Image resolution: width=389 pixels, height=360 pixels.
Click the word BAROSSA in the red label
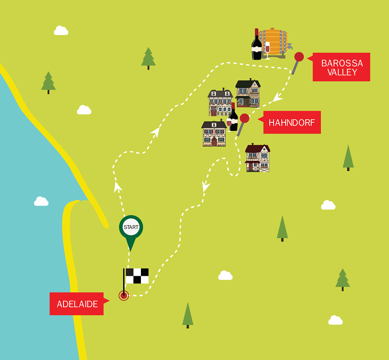[x=342, y=63]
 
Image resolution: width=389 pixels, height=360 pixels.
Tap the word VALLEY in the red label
[x=342, y=72]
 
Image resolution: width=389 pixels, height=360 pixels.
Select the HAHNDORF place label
[x=292, y=123]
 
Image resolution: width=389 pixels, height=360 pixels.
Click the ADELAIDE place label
[x=77, y=304]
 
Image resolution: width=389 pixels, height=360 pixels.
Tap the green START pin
[x=131, y=229]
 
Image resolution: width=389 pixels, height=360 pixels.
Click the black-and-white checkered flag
[x=137, y=276]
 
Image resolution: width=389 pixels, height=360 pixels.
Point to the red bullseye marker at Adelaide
[x=124, y=296]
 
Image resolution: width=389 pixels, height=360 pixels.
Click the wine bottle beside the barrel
[x=257, y=46]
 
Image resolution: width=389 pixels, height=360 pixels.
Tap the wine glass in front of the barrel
[x=267, y=49]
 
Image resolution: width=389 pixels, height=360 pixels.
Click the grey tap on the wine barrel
[x=289, y=45]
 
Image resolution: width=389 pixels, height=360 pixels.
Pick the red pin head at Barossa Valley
[x=299, y=57]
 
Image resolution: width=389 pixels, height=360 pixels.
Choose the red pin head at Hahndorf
[x=245, y=118]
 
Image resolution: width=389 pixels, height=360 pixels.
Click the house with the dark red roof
[x=258, y=158]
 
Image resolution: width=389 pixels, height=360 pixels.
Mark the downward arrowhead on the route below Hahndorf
[x=206, y=187]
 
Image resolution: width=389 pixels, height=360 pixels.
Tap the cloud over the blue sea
[x=41, y=201]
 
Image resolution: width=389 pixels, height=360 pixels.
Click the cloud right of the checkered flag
[x=225, y=275]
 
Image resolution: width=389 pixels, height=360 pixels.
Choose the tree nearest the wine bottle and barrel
[x=148, y=58]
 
